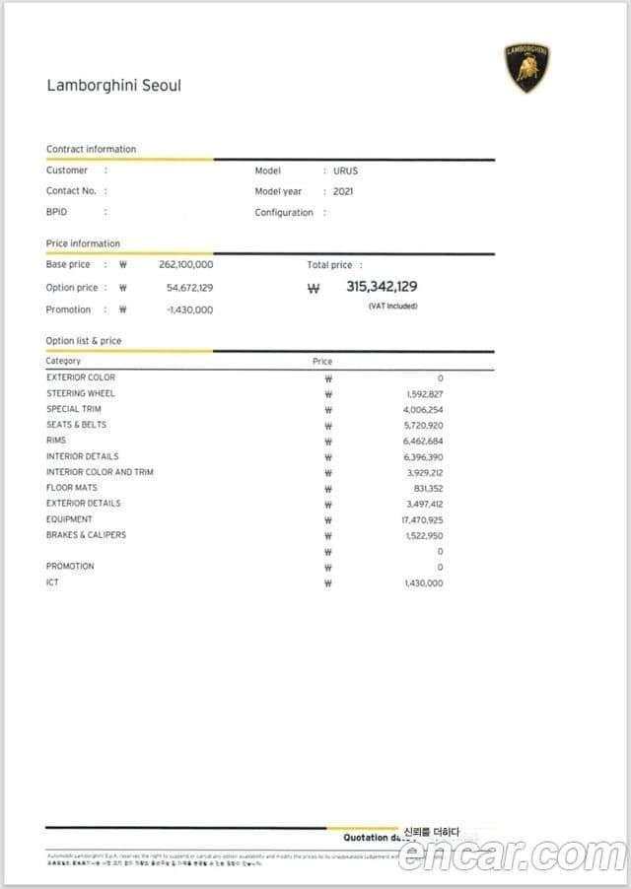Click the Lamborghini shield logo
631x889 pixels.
[527, 67]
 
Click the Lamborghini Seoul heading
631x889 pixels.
[113, 85]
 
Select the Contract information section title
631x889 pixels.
[92, 149]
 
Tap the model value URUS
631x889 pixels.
[345, 171]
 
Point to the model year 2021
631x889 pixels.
[343, 191]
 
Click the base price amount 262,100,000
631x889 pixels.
[185, 265]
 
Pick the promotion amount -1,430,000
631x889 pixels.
[189, 309]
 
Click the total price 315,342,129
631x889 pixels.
[382, 287]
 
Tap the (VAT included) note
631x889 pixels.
[392, 307]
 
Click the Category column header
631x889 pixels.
[63, 361]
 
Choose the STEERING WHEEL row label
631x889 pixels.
[80, 393]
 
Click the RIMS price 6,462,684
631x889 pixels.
[423, 441]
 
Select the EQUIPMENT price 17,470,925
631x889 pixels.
[423, 519]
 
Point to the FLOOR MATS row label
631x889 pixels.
[72, 488]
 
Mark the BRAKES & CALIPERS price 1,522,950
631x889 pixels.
[424, 535]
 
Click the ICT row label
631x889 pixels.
[52, 582]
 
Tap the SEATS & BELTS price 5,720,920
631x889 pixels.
[423, 425]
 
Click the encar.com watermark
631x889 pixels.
[511, 854]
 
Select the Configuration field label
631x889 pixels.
[284, 213]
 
